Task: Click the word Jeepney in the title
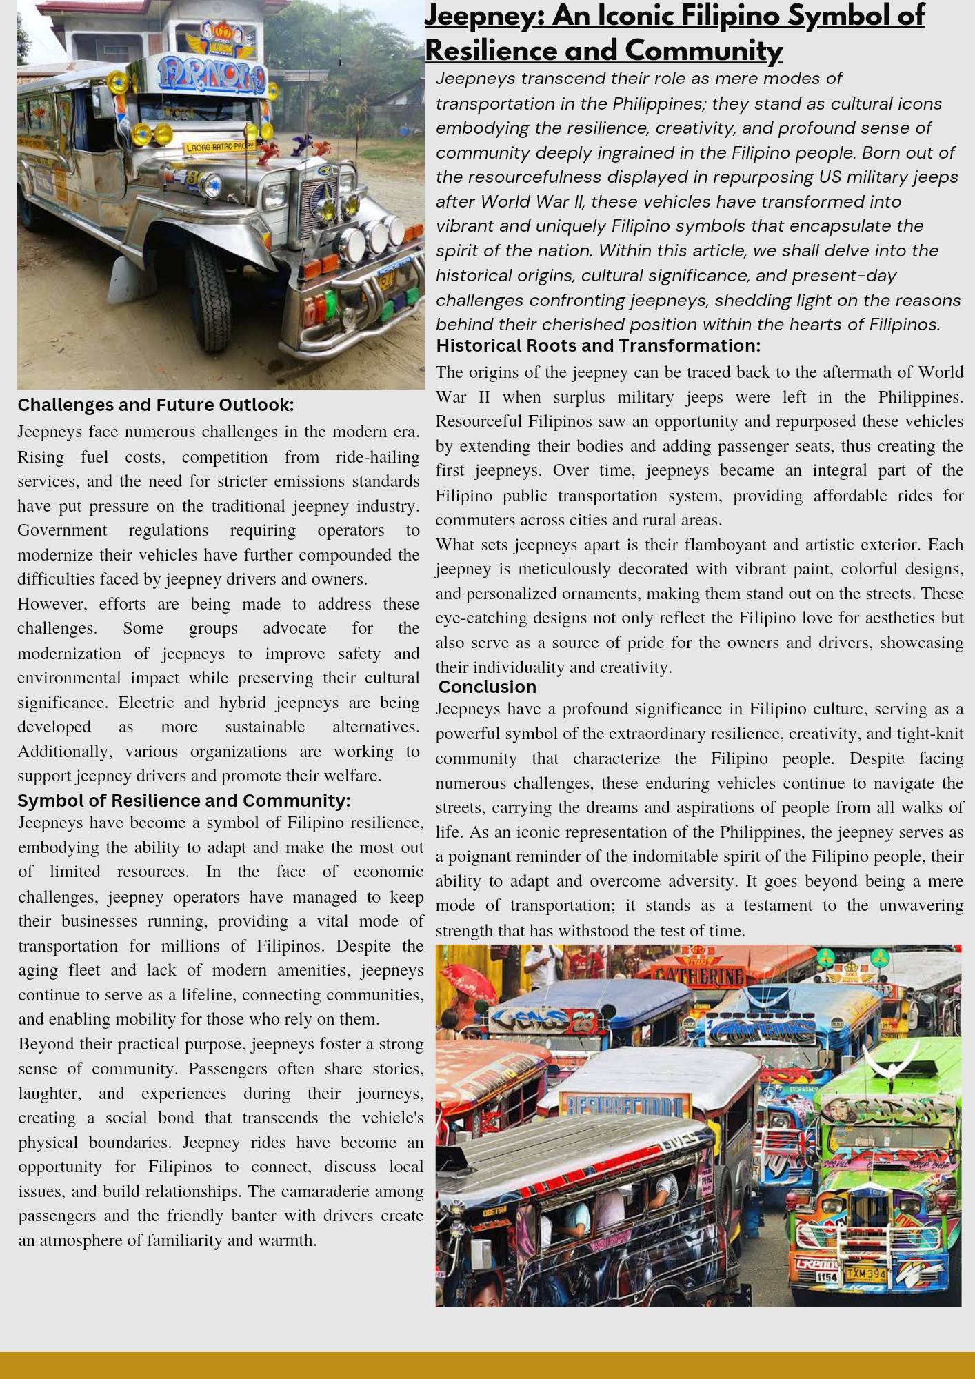tap(483, 17)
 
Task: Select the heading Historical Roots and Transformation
tap(598, 345)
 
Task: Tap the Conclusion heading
tap(487, 687)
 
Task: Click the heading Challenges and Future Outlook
tap(156, 405)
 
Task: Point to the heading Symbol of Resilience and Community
tap(183, 801)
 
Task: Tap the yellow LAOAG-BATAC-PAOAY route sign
tap(219, 146)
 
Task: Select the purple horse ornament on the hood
tap(301, 145)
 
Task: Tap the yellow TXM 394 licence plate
tap(865, 1273)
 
